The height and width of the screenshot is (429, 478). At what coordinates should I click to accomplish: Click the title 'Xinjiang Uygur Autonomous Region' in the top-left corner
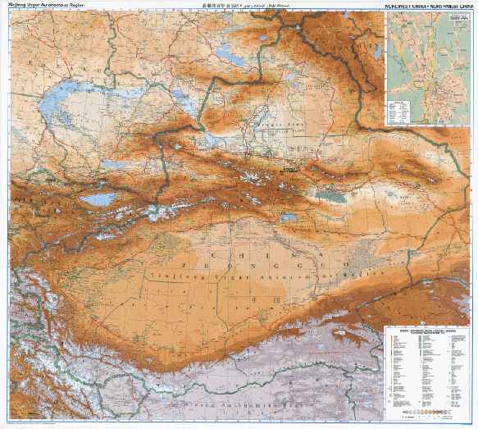pyautogui.click(x=46, y=4)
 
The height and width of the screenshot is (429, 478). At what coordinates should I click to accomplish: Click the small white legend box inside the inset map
pyautogui.click(x=402, y=109)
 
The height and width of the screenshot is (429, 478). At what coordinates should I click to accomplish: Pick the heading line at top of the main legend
pyautogui.click(x=426, y=331)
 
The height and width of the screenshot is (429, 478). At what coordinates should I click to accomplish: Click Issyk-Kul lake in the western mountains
pyautogui.click(x=98, y=199)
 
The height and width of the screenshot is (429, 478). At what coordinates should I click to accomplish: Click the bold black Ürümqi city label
pyautogui.click(x=289, y=170)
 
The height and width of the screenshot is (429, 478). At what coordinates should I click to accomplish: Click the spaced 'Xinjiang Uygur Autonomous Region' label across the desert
pyautogui.click(x=246, y=274)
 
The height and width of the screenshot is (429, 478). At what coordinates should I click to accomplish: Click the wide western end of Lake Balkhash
pyautogui.click(x=53, y=111)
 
